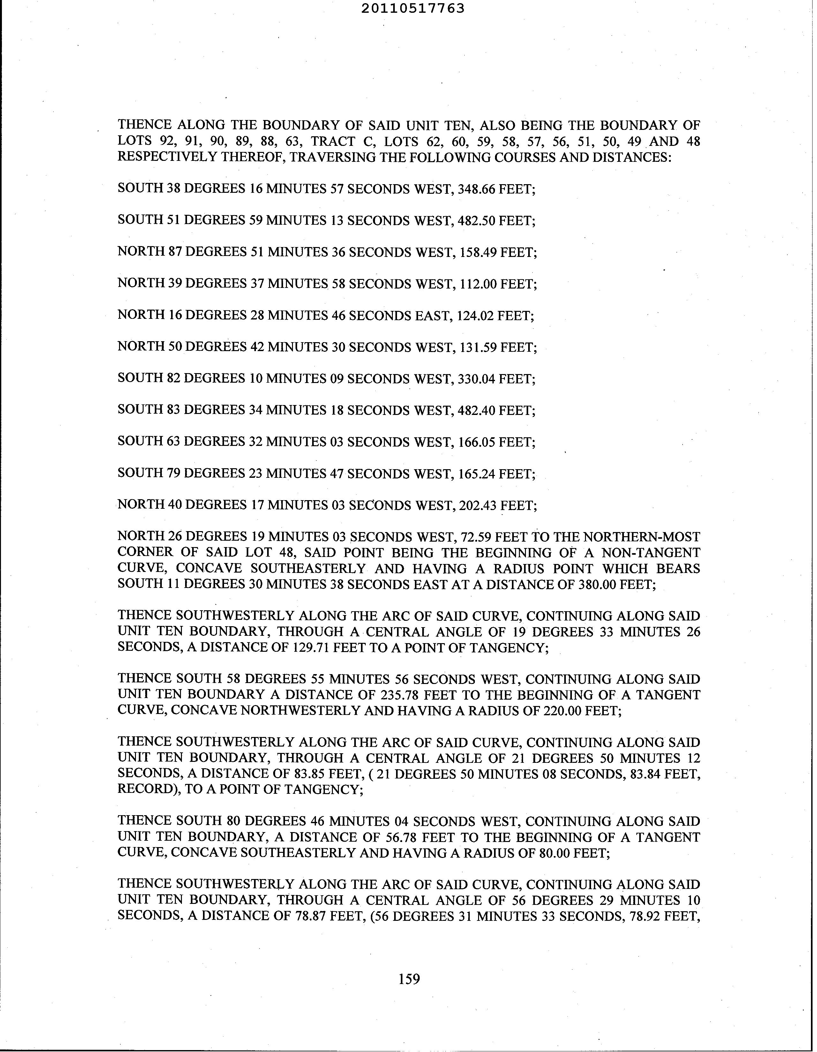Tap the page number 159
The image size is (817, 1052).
[x=409, y=979]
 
